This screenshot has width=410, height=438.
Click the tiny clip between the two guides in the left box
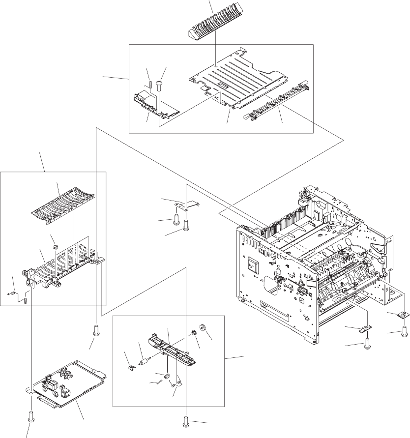55,240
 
